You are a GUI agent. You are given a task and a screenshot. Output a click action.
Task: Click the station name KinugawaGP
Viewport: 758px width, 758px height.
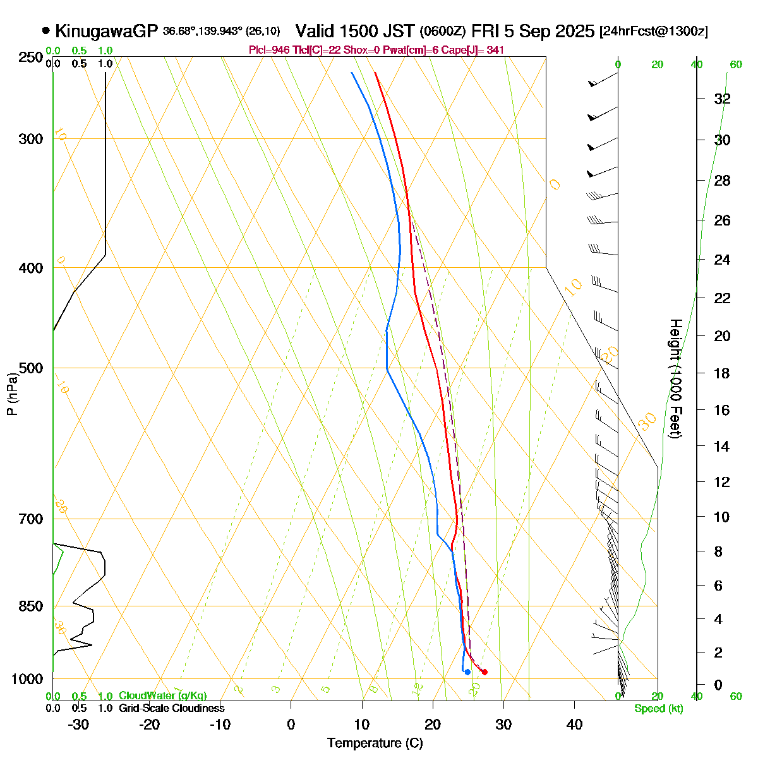click(106, 31)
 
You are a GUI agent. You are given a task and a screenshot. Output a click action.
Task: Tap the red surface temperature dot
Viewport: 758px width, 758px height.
click(484, 672)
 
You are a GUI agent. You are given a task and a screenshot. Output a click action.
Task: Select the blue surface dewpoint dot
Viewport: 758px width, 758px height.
click(467, 672)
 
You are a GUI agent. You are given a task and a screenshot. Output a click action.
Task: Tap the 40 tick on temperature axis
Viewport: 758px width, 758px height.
click(574, 725)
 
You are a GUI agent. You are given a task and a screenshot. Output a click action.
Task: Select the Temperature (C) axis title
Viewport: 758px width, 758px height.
click(375, 743)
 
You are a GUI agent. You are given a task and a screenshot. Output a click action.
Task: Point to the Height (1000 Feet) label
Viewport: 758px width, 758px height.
click(675, 379)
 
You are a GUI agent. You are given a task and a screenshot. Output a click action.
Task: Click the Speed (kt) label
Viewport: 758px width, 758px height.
click(659, 709)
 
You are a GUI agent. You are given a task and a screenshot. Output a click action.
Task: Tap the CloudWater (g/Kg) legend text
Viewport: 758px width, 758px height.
click(162, 696)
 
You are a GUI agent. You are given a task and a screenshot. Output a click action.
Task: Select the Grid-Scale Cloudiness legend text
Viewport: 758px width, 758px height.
click(171, 709)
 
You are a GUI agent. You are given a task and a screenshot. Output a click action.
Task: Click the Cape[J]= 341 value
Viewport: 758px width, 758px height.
click(477, 50)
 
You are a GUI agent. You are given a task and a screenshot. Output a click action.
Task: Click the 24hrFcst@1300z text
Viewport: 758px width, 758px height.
click(654, 32)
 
